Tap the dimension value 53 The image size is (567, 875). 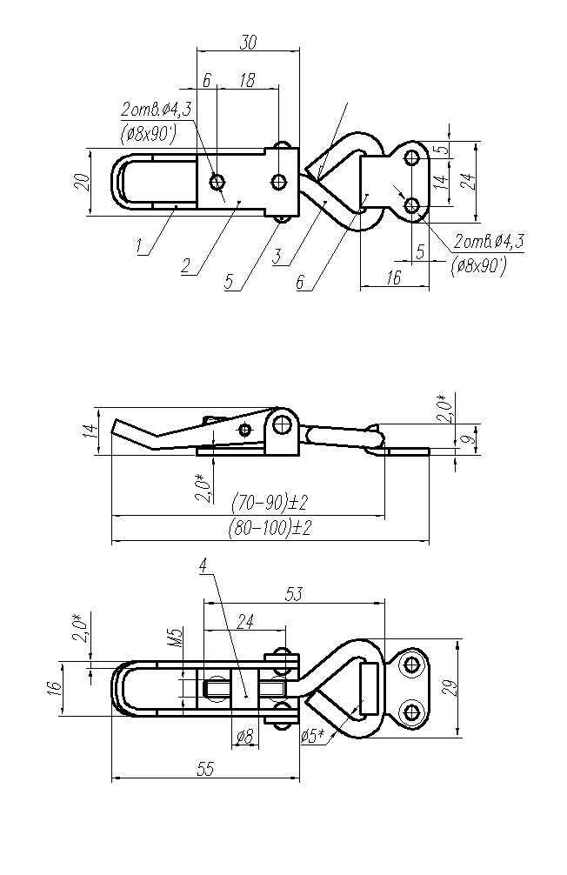point(293,594)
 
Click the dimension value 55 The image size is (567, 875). point(205,769)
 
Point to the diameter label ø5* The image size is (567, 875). point(313,736)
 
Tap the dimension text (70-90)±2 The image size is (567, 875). point(271,503)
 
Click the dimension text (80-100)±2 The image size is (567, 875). point(270,527)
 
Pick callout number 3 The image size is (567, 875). point(277,257)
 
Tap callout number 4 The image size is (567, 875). point(203,566)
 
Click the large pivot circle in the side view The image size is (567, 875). point(281,424)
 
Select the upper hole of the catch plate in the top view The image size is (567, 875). point(412,157)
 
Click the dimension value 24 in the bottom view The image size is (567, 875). point(244,621)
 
